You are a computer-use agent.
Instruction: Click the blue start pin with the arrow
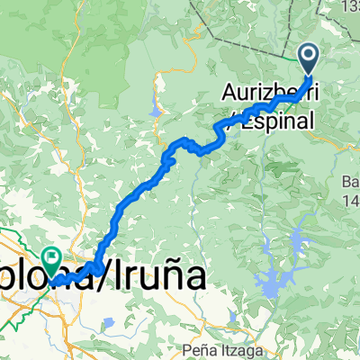(308, 58)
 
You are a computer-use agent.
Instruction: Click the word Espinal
(282, 120)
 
